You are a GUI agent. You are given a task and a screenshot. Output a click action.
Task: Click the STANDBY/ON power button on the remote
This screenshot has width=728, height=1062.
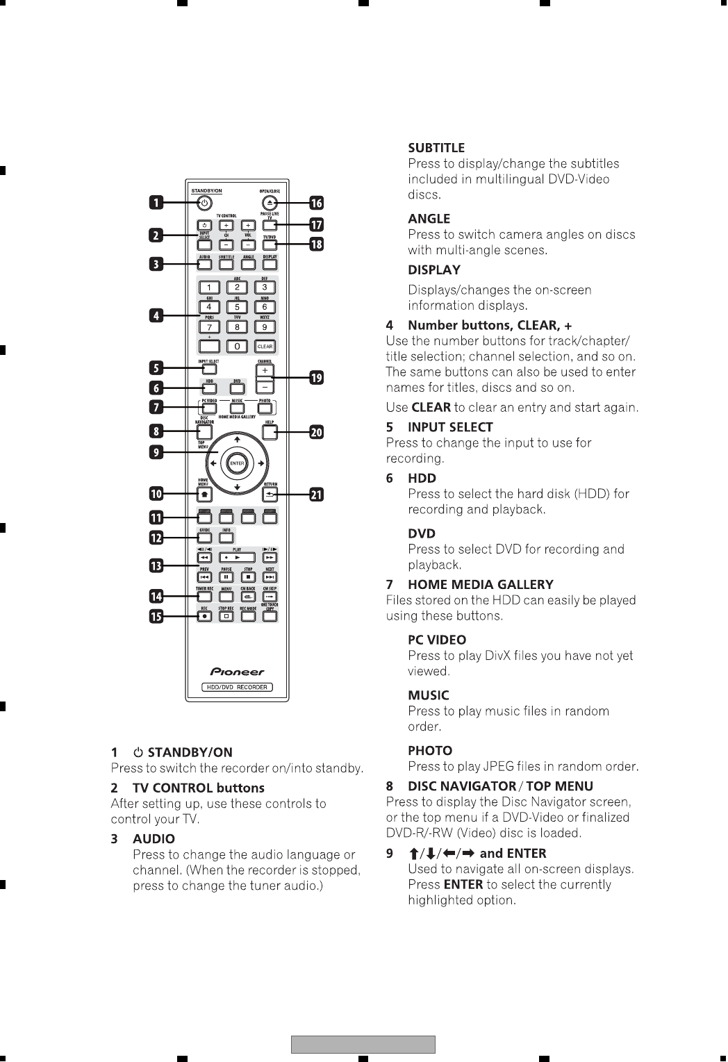pos(204,203)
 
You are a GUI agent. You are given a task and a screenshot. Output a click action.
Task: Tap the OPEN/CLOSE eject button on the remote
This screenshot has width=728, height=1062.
pos(271,203)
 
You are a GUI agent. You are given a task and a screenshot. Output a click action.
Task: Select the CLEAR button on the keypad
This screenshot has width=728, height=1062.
pos(265,346)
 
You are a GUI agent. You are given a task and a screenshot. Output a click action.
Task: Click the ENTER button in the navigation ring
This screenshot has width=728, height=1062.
pos(238,463)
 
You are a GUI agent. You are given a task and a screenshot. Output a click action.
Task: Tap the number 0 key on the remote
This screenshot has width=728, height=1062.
pos(238,346)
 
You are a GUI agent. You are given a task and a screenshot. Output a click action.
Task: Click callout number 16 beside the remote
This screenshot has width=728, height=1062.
pos(316,203)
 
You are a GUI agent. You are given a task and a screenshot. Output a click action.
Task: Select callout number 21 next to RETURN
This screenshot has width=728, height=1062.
pos(316,495)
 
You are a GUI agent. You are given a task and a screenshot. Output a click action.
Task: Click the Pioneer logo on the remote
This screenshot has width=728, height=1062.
pos(238,672)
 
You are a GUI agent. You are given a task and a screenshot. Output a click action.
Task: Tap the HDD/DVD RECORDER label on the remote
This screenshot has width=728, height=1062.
pos(238,687)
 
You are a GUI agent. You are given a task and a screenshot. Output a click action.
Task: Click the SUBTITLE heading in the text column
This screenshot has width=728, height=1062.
pos(436,148)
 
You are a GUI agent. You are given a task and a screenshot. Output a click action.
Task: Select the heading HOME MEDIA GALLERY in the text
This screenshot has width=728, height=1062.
pos(480,585)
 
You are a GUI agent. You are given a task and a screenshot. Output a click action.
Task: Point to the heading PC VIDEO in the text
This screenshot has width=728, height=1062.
pos(437,640)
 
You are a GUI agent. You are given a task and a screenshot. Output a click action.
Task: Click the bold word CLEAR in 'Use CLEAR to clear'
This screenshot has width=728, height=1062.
pos(431,407)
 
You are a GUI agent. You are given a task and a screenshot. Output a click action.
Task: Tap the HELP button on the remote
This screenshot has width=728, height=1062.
pos(270,433)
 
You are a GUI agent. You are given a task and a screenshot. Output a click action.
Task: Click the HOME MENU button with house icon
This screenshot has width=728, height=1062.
pos(204,495)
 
